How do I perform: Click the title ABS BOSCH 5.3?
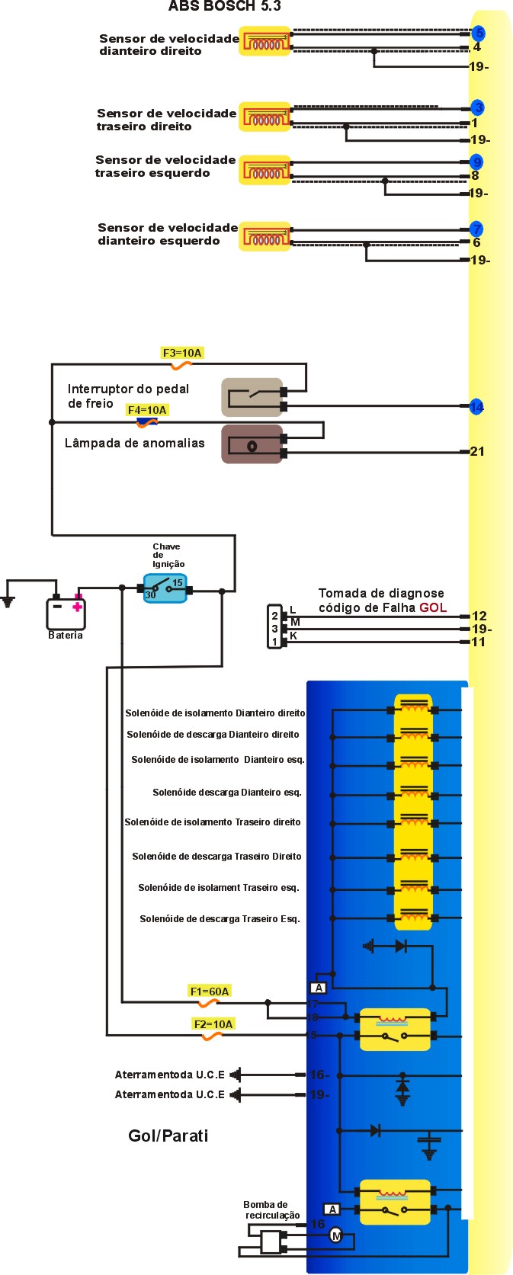224,6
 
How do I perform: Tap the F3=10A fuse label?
182,353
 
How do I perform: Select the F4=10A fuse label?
147,410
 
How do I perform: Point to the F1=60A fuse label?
210,991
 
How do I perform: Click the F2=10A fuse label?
213,1024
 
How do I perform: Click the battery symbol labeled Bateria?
66,613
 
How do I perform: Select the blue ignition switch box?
165,588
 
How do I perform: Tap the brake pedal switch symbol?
252,396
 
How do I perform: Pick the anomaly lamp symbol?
252,445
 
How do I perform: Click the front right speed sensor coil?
265,42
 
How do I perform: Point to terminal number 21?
477,451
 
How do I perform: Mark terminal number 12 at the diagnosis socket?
479,616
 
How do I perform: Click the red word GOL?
433,607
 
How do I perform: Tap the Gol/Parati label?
168,1136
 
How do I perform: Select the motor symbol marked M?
336,1235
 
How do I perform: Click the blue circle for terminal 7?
476,229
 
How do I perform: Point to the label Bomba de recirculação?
271,1209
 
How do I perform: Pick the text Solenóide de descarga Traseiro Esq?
220,918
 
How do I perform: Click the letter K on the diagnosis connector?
293,636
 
